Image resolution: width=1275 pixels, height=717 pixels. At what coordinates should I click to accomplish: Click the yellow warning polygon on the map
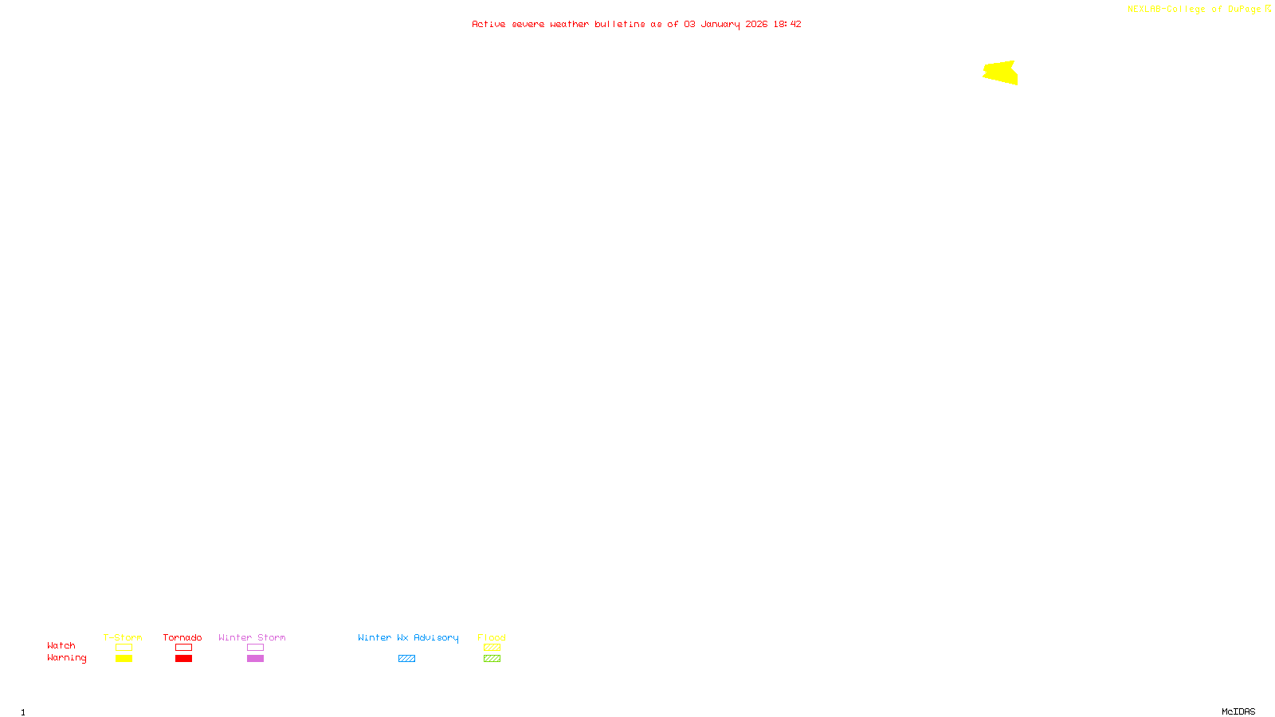click(x=1002, y=72)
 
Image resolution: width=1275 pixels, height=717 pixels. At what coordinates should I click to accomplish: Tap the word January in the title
click(x=720, y=25)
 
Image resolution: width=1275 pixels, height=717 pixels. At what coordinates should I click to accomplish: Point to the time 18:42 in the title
click(x=787, y=25)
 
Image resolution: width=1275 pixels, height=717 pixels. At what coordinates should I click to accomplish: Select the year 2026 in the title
click(x=756, y=25)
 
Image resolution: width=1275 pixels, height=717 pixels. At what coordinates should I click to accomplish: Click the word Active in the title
click(x=488, y=25)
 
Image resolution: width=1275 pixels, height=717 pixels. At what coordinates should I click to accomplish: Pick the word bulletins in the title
click(x=619, y=25)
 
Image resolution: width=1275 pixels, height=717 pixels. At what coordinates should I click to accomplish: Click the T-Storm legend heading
click(x=123, y=637)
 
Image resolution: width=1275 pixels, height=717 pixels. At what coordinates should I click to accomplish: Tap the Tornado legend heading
click(x=182, y=637)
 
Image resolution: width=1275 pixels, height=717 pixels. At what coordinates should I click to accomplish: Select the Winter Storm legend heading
click(x=252, y=637)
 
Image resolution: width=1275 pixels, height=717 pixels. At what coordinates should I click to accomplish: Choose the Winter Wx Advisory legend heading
click(x=408, y=637)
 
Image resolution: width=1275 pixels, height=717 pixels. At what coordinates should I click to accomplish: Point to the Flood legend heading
click(x=492, y=637)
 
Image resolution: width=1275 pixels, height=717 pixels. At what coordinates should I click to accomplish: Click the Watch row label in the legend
click(x=61, y=646)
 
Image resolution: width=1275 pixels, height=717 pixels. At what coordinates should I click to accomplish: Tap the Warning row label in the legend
click(x=66, y=658)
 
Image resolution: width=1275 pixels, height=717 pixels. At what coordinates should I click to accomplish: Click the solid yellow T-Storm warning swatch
click(x=124, y=659)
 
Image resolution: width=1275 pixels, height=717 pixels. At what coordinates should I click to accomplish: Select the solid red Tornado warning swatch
click(x=183, y=659)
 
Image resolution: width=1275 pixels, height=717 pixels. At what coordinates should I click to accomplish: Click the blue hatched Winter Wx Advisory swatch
click(x=406, y=659)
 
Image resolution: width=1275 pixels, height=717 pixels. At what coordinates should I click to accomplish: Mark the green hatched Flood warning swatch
click(x=492, y=659)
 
